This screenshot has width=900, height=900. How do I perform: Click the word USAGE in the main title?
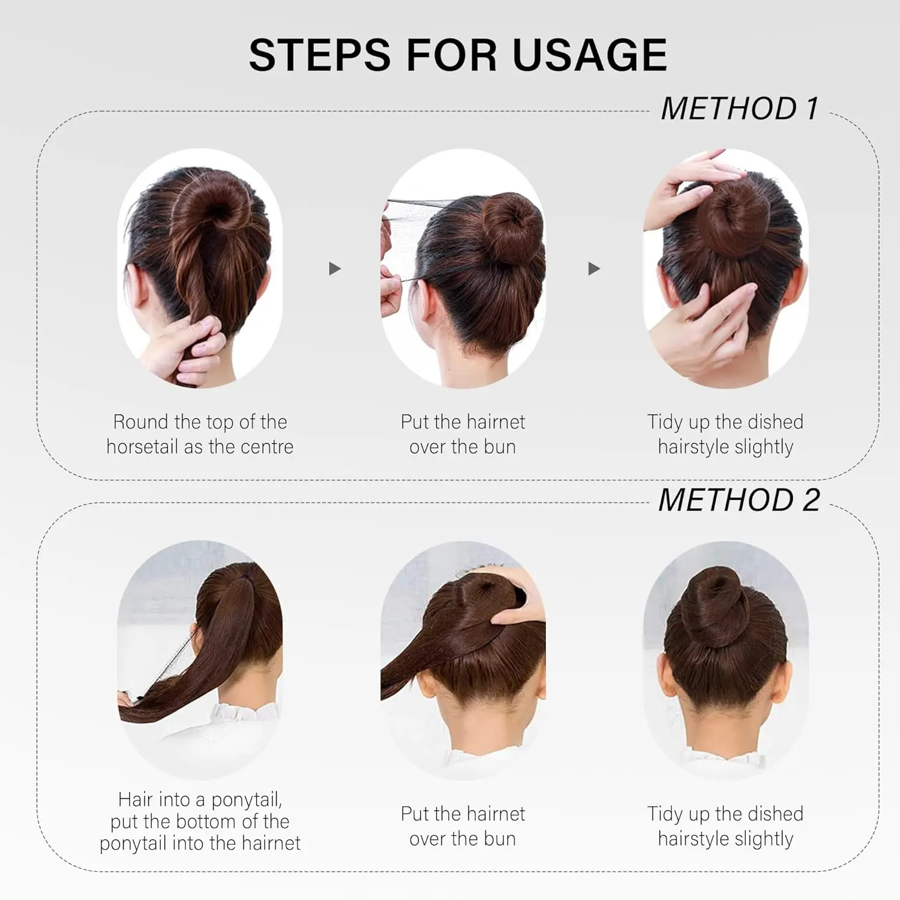tap(589, 55)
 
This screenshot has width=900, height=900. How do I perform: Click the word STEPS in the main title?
tap(320, 55)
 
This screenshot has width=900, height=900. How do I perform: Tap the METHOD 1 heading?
tap(739, 109)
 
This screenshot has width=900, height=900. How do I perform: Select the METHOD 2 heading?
tap(739, 500)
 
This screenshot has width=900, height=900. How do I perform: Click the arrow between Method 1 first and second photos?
tap(335, 268)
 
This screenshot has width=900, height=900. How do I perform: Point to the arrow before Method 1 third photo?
tap(594, 268)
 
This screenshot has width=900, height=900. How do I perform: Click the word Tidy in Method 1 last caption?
tap(665, 423)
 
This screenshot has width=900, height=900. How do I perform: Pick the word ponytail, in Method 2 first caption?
tap(247, 800)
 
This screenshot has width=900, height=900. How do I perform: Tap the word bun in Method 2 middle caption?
tap(500, 839)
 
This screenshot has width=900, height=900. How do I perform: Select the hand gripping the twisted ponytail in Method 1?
tap(183, 351)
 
